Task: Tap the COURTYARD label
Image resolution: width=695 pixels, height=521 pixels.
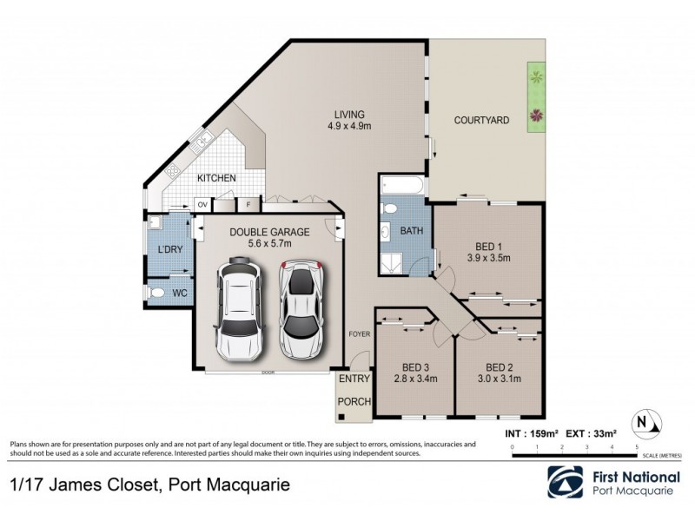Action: [481, 120]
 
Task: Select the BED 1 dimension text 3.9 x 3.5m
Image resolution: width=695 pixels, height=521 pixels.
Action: [487, 257]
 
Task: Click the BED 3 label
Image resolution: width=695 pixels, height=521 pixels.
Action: [414, 366]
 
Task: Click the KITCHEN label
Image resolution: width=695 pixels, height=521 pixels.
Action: [216, 178]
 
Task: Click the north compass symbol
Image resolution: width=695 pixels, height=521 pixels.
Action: [648, 422]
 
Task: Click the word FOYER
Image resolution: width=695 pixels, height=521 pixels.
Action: [359, 333]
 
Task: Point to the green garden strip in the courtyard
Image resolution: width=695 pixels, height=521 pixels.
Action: [535, 100]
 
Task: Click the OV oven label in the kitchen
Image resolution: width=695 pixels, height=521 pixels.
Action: [202, 205]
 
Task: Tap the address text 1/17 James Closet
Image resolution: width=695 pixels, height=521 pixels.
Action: [82, 482]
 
